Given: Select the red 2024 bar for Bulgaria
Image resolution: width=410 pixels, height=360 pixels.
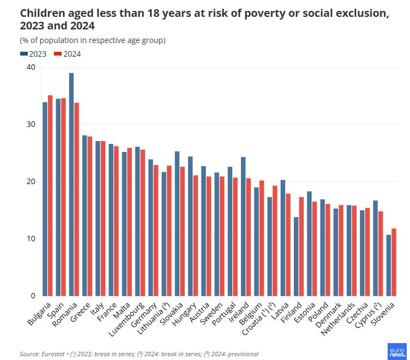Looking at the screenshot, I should (50, 196).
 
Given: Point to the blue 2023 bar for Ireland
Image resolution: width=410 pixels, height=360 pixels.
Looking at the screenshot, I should (243, 226).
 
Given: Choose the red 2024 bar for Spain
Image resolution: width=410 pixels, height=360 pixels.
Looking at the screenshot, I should (63, 197).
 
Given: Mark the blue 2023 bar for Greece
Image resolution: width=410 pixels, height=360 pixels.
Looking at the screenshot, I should (85, 216).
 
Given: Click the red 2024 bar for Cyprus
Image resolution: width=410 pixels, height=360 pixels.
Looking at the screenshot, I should (381, 253).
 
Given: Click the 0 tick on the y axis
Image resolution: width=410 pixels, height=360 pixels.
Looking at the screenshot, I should (32, 296).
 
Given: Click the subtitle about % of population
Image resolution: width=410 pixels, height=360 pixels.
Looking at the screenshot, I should (93, 40).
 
